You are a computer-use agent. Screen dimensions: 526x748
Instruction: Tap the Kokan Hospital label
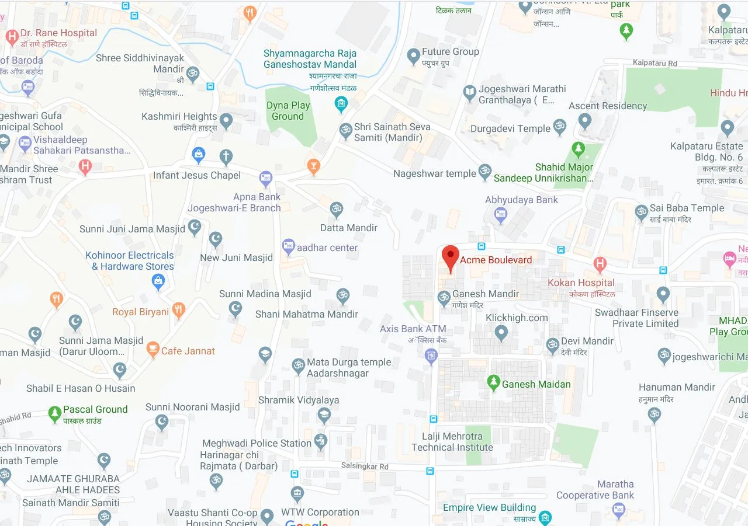click(x=581, y=283)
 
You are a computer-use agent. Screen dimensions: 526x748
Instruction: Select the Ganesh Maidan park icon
click(x=494, y=383)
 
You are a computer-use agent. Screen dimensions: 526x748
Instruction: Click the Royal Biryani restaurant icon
click(x=179, y=311)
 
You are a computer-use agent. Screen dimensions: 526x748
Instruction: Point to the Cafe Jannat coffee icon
click(x=153, y=350)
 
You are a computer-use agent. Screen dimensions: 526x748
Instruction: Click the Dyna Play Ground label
click(x=288, y=110)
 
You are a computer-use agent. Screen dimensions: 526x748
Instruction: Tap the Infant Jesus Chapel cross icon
click(x=226, y=156)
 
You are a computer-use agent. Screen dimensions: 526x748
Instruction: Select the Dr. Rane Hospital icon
click(x=12, y=37)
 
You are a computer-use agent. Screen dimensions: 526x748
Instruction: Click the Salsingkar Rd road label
click(x=365, y=466)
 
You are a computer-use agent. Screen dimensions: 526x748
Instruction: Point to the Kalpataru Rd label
click(x=656, y=63)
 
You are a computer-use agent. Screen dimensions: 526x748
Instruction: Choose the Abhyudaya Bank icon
click(x=500, y=215)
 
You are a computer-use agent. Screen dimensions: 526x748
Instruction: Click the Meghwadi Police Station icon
click(x=320, y=441)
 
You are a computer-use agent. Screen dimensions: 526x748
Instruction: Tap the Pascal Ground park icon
click(x=55, y=414)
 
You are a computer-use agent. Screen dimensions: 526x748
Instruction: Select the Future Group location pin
click(x=414, y=57)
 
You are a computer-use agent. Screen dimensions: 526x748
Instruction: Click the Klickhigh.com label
click(x=517, y=318)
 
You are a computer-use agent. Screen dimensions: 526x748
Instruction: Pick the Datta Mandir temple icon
click(x=336, y=209)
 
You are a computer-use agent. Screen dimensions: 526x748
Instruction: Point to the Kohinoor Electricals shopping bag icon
click(x=158, y=282)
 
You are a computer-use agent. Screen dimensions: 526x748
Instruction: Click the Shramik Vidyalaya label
click(x=299, y=400)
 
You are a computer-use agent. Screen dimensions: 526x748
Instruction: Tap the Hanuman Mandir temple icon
click(x=654, y=414)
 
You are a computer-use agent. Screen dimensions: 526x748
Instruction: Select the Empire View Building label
click(x=489, y=507)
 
